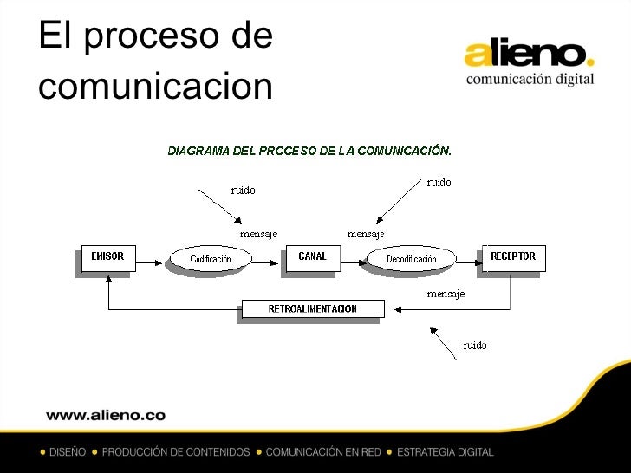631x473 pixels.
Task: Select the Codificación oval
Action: pos(211,258)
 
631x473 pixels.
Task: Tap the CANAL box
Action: pos(312,256)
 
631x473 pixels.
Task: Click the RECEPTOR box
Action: pos(513,256)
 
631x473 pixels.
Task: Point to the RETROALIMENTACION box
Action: pos(312,308)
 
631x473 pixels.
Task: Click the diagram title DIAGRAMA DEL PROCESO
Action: pos(309,150)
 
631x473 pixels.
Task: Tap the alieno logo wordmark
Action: pos(529,55)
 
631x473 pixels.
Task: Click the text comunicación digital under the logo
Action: pos(530,80)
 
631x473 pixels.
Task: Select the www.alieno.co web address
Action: pos(105,415)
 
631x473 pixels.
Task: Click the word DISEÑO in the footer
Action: pos(68,452)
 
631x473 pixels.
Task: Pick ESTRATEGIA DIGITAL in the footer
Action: pos(445,452)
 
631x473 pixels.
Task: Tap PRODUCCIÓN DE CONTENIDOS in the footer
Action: pos(176,452)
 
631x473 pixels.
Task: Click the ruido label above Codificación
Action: pos(243,191)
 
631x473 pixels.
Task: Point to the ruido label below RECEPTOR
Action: pos(474,345)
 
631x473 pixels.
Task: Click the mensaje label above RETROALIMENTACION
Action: pos(446,294)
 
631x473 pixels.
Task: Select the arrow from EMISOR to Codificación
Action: pos(151,257)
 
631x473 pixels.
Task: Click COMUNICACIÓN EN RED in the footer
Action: pos(324,452)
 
